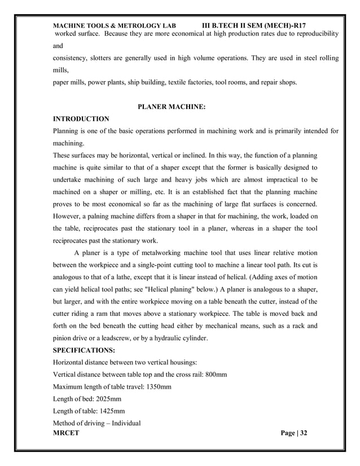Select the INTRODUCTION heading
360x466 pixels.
click(81, 119)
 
